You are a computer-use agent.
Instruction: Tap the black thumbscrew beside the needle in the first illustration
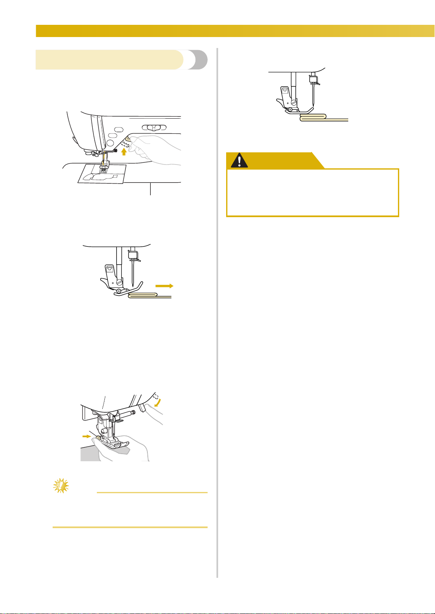point(115,150)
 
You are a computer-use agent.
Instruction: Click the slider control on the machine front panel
point(154,128)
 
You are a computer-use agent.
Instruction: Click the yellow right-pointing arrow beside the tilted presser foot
point(164,286)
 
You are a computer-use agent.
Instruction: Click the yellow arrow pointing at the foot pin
point(86,436)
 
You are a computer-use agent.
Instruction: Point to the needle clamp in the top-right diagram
point(312,79)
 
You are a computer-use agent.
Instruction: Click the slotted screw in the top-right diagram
point(294,102)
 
